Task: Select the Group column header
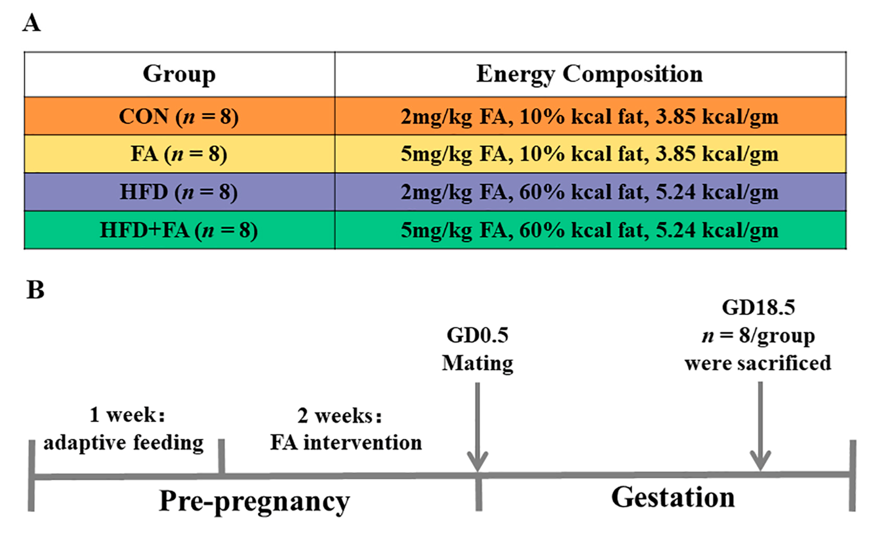pyautogui.click(x=179, y=74)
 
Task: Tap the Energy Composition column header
pyautogui.click(x=590, y=74)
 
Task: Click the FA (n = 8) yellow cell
pyautogui.click(x=179, y=154)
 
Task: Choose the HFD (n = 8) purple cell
pyautogui.click(x=179, y=192)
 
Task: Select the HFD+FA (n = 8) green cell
pyautogui.click(x=179, y=230)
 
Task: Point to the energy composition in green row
pyautogui.click(x=590, y=230)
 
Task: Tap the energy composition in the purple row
pyautogui.click(x=590, y=192)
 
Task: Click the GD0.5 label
pyautogui.click(x=477, y=336)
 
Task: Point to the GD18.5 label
pyautogui.click(x=759, y=307)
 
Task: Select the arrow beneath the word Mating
pyautogui.click(x=477, y=429)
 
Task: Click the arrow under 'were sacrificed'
pyautogui.click(x=760, y=429)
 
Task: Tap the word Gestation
pyautogui.click(x=673, y=498)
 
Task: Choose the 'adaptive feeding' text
pyautogui.click(x=124, y=443)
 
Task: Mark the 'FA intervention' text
pyautogui.click(x=346, y=443)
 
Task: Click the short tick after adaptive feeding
pyautogui.click(x=221, y=457)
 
